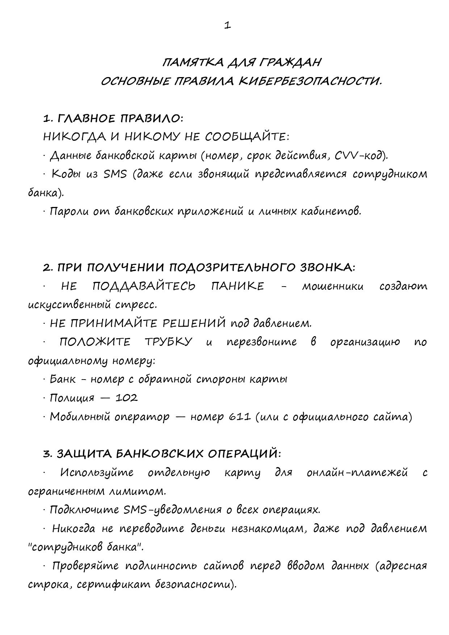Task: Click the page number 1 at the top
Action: point(227,25)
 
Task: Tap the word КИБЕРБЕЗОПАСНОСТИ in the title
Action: point(310,81)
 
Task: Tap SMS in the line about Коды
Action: point(115,174)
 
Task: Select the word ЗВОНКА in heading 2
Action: point(328,268)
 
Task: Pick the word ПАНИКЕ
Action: point(238,286)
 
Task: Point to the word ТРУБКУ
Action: point(168,342)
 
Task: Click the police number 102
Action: point(126,398)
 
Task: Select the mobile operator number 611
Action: point(240,417)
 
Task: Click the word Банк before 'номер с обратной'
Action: point(63,380)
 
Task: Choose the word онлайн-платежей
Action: point(357,473)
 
